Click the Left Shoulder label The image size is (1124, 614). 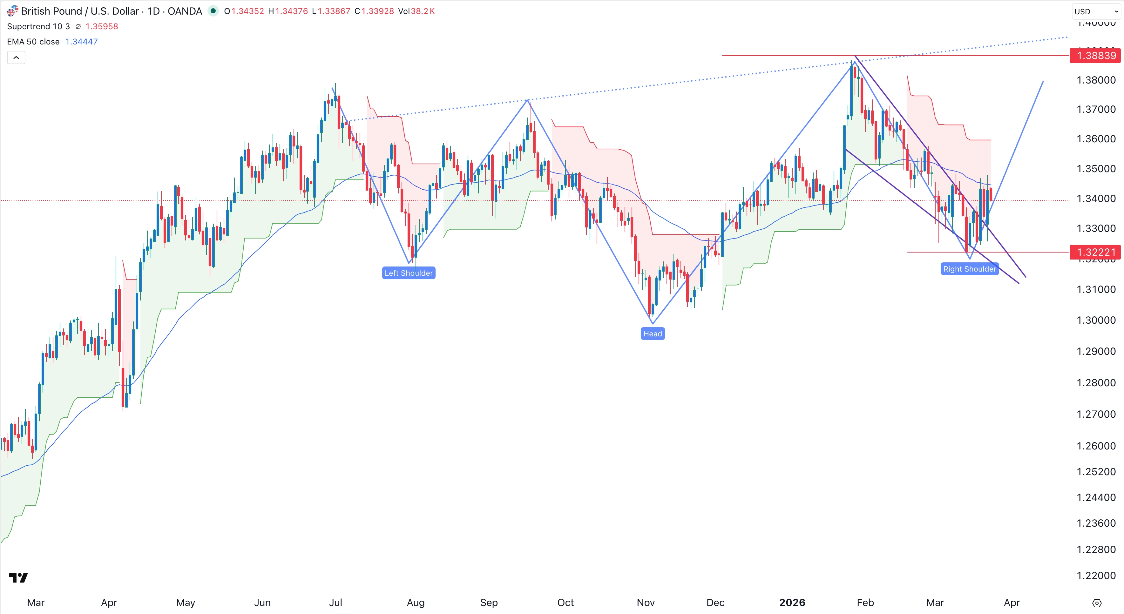pos(409,273)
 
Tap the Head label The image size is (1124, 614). pos(652,334)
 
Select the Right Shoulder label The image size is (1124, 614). pos(970,269)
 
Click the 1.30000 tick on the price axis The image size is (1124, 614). pos(1096,320)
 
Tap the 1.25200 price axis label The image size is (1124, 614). pos(1096,472)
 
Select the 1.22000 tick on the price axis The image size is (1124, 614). pos(1096,576)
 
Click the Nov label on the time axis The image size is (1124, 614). pos(645,603)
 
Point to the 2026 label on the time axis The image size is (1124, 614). pos(792,603)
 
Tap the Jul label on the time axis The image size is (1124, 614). pos(335,603)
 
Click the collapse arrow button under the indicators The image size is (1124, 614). pos(16,57)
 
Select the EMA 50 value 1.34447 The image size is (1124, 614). pos(82,42)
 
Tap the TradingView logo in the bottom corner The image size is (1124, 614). pos(18,578)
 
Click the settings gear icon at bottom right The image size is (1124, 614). pos(1096,603)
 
